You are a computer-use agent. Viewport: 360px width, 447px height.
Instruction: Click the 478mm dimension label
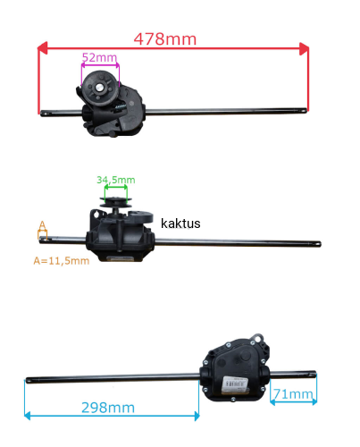coord(165,39)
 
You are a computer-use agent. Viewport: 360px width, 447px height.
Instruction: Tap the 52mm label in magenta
coord(99,57)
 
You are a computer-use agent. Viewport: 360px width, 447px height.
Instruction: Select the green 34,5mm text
coord(116,180)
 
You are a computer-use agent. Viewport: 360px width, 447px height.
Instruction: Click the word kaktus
coord(180,223)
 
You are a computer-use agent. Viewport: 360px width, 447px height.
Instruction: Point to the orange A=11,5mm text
coord(62,261)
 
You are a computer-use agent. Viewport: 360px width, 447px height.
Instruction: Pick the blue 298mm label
coord(108,408)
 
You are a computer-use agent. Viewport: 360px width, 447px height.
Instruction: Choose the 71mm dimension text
coord(293,394)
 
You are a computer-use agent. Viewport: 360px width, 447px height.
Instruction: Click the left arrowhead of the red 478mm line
coord(42,48)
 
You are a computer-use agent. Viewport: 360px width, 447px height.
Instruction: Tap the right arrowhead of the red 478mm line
coord(304,48)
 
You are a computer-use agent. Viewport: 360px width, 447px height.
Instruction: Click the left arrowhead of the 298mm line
coord(28,416)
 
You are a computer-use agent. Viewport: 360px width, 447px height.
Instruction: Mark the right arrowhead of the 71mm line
coord(314,402)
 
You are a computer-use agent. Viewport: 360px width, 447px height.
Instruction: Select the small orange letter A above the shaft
coord(43,225)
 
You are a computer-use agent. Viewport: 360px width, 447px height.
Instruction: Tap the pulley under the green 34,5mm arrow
coord(115,202)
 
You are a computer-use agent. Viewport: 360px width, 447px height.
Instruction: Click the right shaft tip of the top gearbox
coord(305,111)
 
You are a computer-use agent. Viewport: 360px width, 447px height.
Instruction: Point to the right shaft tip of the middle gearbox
coord(319,244)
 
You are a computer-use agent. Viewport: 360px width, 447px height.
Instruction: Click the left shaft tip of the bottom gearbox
coord(28,380)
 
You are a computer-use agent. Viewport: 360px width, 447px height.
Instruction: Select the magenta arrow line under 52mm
coord(100,64)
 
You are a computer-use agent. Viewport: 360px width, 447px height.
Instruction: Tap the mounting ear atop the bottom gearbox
coord(257,339)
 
